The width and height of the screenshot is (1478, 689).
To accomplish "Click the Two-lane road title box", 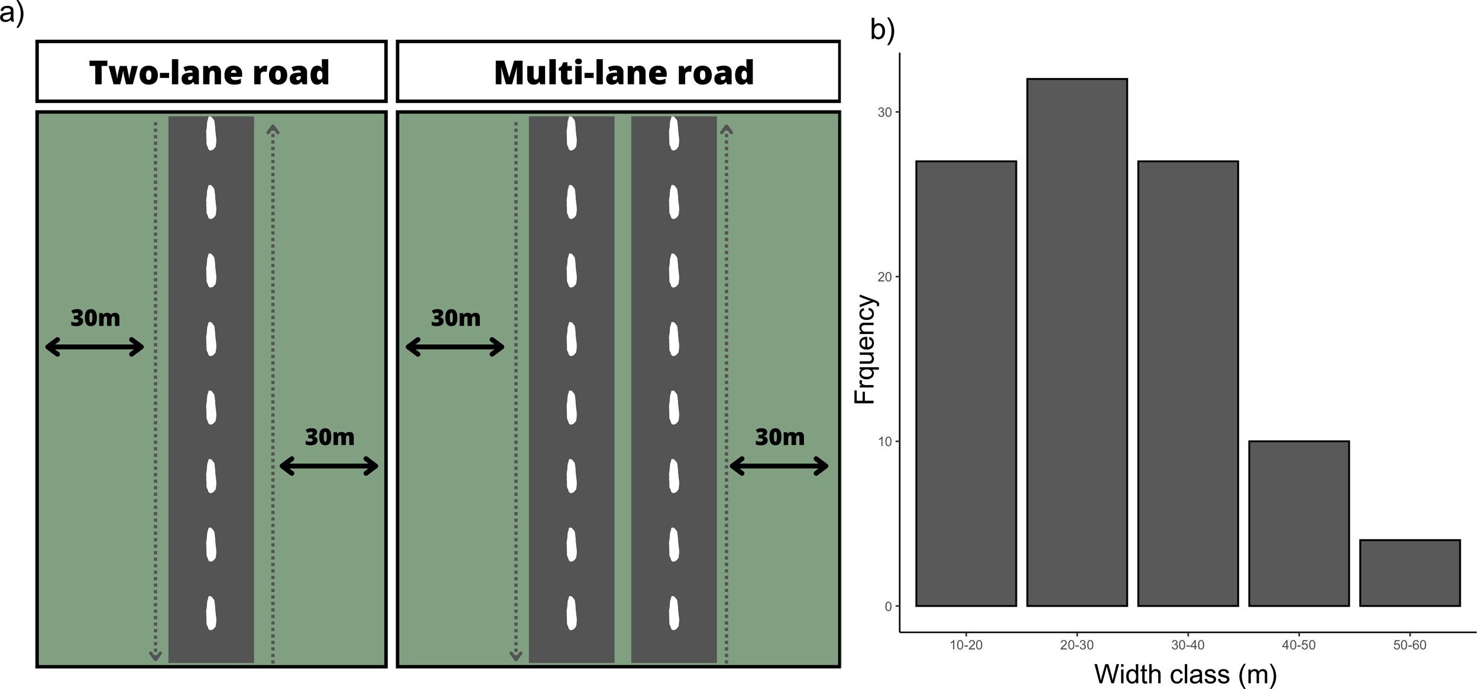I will coord(211,72).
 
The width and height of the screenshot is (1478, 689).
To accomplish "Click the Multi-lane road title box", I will coord(618,72).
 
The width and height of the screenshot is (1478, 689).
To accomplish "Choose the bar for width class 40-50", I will coord(1299,523).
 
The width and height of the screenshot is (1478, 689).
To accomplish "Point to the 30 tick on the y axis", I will coord(885,112).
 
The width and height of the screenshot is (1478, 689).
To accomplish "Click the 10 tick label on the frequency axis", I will coord(885,442).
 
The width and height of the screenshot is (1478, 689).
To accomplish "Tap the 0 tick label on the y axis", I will coord(888,606).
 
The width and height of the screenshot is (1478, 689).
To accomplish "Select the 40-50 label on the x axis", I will coord(1299,645).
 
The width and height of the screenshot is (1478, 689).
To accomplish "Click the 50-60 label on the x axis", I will coord(1410,645).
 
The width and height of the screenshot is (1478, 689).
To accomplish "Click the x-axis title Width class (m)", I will coord(1185,674).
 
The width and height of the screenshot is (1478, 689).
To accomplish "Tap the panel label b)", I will coord(883,30).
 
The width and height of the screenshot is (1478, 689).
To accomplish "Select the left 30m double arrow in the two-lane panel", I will coord(95,347).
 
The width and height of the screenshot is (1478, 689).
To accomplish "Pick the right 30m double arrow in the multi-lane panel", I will coord(779,467).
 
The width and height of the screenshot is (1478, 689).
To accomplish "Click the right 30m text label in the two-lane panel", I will coord(329,437).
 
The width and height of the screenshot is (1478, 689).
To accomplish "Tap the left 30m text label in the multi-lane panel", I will coord(456,318).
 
